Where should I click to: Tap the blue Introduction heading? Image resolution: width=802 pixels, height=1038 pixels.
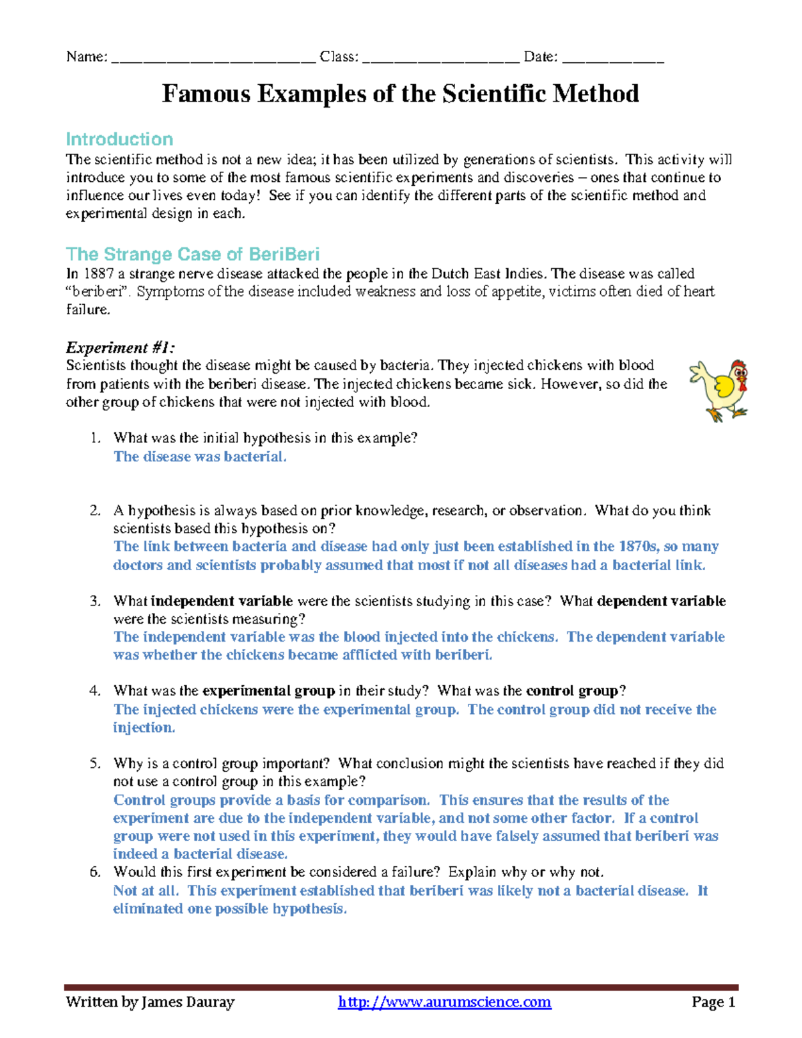click(119, 139)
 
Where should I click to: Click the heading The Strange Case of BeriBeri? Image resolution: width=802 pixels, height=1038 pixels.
click(192, 254)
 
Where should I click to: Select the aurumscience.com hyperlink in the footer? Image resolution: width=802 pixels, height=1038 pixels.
click(444, 1002)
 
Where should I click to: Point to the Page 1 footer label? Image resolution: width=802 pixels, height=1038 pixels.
click(713, 1002)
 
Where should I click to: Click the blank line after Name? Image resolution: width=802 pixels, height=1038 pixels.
click(213, 58)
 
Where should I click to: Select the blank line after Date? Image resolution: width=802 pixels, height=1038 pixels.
click(613, 58)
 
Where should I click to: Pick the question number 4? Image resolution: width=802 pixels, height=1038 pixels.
click(94, 691)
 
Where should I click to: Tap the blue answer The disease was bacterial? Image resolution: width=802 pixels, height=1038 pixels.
click(200, 457)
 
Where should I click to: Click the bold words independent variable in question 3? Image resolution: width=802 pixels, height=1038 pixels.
click(222, 601)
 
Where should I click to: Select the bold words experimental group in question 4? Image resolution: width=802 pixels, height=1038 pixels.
click(268, 691)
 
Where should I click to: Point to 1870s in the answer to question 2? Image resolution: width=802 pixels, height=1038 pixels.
click(638, 546)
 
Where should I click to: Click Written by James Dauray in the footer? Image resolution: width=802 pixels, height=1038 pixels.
click(150, 1002)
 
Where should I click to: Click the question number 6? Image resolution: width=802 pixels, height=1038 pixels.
click(94, 872)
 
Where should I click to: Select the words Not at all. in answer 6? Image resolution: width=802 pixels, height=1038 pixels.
click(146, 890)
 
